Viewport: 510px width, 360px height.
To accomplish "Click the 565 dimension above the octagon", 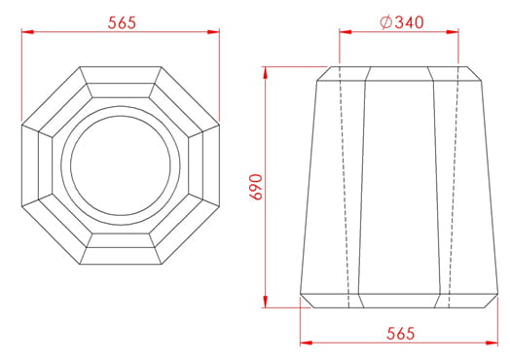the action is pyautogui.click(x=122, y=23).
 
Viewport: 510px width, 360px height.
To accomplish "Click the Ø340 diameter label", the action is pyautogui.click(x=402, y=22).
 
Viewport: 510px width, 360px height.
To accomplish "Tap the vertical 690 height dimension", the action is pyautogui.click(x=256, y=188).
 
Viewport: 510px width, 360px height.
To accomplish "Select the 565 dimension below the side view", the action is pyautogui.click(x=400, y=334).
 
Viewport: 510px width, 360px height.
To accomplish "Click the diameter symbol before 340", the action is pyautogui.click(x=386, y=22).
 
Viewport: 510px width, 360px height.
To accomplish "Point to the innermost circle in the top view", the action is pyautogui.click(x=121, y=116).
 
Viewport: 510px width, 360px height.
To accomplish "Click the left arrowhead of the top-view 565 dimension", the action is pyautogui.click(x=27, y=32).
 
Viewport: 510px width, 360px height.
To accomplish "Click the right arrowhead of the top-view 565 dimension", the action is pyautogui.click(x=213, y=32).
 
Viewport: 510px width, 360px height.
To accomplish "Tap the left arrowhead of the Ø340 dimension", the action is pyautogui.click(x=346, y=32).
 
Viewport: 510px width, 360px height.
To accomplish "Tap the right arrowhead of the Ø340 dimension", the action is pyautogui.click(x=453, y=32).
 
